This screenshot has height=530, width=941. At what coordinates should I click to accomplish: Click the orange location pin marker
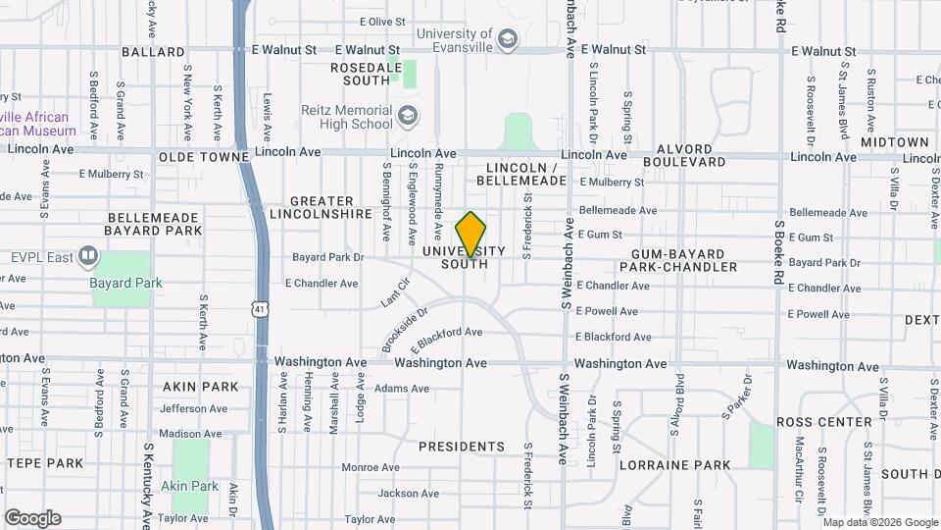click(x=471, y=235)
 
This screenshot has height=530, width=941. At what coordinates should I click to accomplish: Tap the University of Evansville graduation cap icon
click(x=507, y=40)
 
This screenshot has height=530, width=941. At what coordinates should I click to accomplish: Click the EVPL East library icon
click(x=88, y=257)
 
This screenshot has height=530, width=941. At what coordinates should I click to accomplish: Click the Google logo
click(x=32, y=518)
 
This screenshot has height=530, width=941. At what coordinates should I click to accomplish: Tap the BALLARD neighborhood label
click(x=153, y=51)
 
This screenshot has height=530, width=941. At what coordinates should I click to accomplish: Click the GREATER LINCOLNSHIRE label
click(x=322, y=207)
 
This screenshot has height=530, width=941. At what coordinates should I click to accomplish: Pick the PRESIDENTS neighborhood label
click(x=462, y=447)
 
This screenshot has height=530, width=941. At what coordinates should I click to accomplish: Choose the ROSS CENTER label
click(x=823, y=422)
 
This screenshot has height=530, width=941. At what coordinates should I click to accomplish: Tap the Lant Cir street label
click(x=394, y=297)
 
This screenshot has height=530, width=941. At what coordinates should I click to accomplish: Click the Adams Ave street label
click(x=402, y=389)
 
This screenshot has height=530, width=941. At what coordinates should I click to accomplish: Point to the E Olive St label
click(x=382, y=22)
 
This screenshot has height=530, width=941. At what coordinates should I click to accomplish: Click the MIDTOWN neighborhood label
click(x=894, y=143)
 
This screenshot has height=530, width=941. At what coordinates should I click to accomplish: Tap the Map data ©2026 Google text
click(x=879, y=522)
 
